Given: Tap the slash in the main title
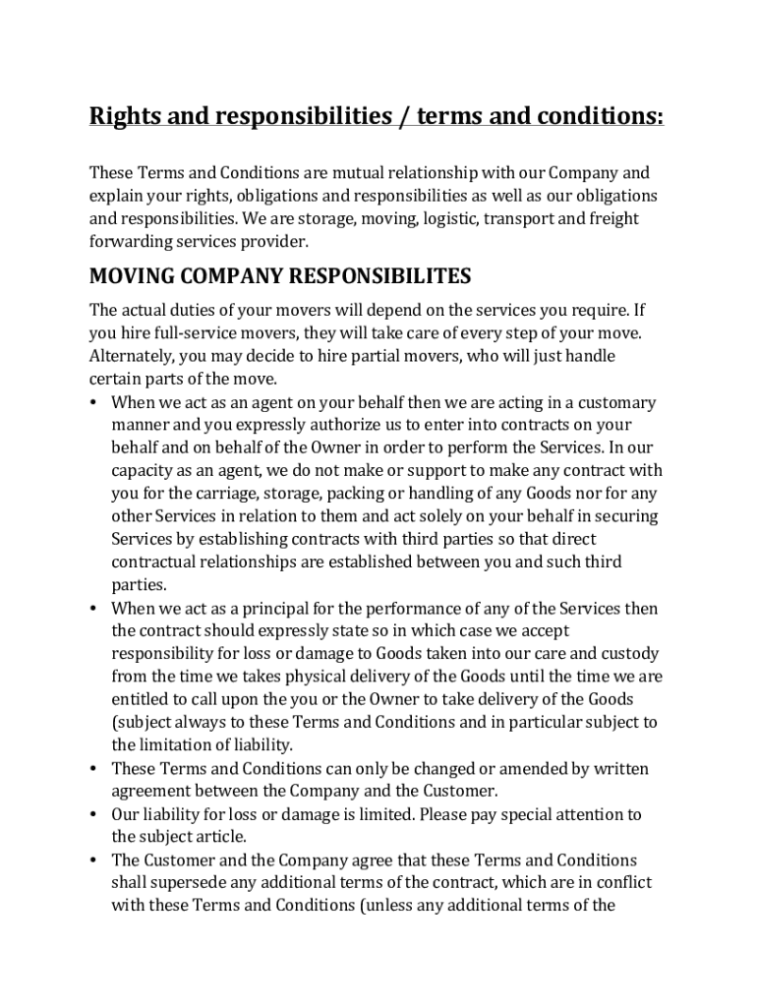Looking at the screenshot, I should point(403,117).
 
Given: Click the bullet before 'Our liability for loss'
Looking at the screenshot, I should point(93,814).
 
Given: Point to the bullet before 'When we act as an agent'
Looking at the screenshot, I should point(93,402).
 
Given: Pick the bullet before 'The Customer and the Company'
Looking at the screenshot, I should point(93,859).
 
